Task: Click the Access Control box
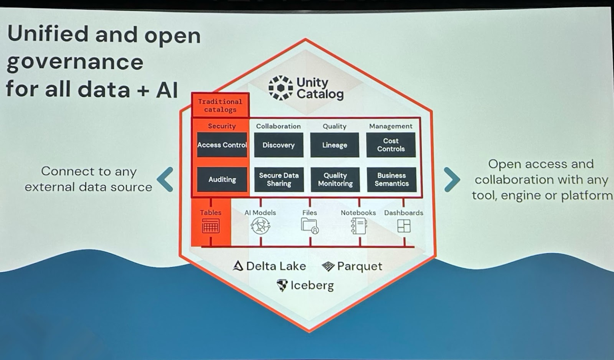click(222, 145)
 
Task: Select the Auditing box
click(222, 180)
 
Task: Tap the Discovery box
click(279, 145)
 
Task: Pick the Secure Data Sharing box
click(279, 180)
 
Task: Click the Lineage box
click(335, 145)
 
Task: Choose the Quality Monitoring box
click(335, 180)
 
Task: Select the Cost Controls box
click(391, 145)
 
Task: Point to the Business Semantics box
click(391, 180)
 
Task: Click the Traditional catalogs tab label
click(220, 105)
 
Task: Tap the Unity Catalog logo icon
click(281, 88)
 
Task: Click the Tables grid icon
click(211, 226)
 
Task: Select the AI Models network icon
click(260, 226)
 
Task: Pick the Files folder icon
click(310, 226)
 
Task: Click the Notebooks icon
click(359, 226)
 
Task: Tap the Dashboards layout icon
click(404, 226)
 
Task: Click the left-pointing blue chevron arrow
click(165, 179)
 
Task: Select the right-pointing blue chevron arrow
click(452, 179)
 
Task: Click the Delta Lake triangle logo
click(238, 266)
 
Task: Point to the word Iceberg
click(312, 285)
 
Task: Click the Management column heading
click(391, 126)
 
